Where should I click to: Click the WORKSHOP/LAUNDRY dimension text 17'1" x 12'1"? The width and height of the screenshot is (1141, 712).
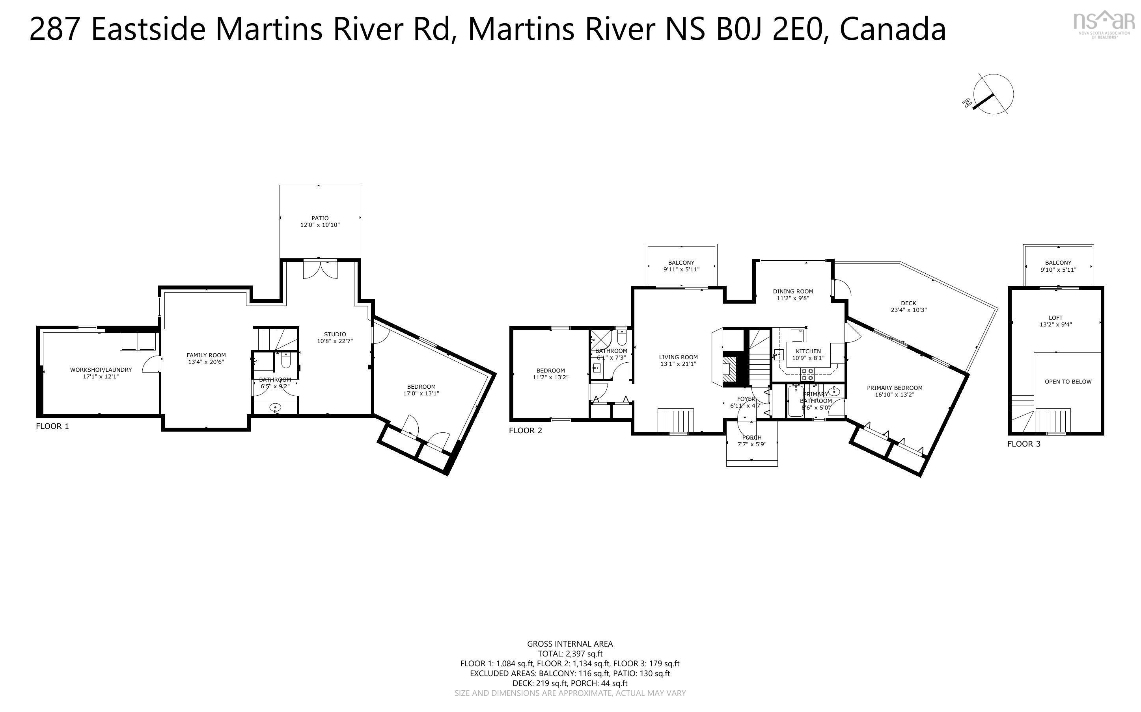[x=101, y=377]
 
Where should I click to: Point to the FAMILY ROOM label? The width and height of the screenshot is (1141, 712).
[x=206, y=355]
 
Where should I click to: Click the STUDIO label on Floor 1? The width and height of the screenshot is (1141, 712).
[x=335, y=334]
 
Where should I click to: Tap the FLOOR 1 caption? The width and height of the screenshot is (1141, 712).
[x=52, y=426]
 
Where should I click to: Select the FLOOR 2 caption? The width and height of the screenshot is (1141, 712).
[x=525, y=430]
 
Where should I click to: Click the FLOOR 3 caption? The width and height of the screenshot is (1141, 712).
[x=1024, y=443]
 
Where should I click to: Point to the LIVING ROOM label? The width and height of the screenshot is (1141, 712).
[x=678, y=357]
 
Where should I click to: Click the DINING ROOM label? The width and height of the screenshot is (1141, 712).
[x=793, y=291]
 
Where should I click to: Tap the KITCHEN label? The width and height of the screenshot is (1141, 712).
[x=808, y=351]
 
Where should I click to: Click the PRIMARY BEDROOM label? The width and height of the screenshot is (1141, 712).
[x=895, y=388]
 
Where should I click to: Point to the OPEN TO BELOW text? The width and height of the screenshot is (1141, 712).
[x=1068, y=382]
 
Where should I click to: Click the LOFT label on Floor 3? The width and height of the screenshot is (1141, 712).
[x=1056, y=318]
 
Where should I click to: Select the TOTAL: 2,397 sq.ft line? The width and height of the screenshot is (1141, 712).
[x=570, y=654]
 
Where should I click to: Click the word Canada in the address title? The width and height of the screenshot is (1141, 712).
[x=893, y=29]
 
